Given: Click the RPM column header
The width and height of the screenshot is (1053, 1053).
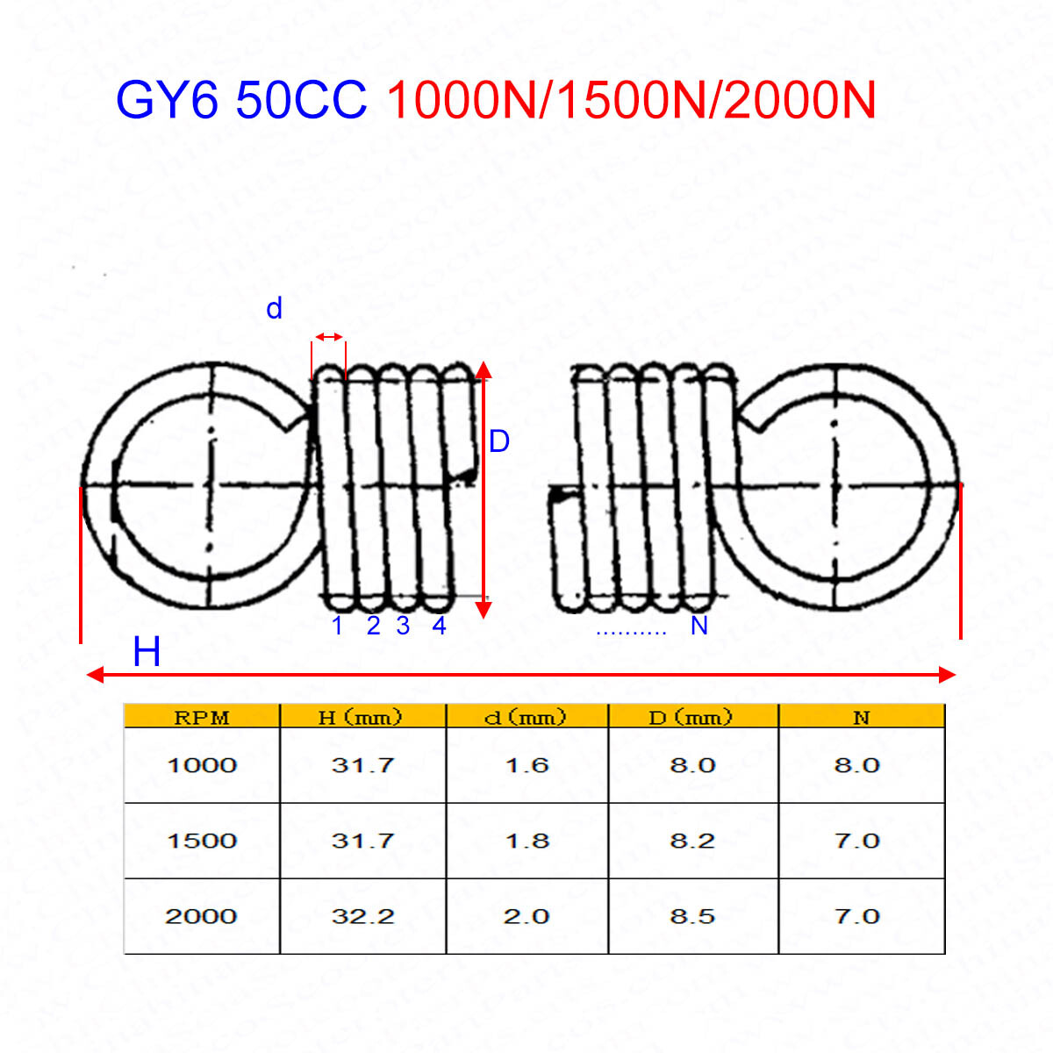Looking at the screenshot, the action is coord(202,717).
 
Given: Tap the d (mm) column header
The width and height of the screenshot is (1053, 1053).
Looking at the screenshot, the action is coord(526,717).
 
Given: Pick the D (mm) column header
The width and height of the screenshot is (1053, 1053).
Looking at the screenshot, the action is coord(691,717).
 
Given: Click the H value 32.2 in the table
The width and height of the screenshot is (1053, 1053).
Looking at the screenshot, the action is coord(362,916).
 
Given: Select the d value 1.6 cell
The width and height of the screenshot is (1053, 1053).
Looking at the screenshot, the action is coord(526,765).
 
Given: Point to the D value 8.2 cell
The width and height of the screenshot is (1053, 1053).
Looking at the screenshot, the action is coord(692,841).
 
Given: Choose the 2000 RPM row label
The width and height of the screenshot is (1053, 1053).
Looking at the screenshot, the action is coord(201,916).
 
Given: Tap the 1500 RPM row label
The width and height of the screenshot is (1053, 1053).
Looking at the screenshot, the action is coord(202,841).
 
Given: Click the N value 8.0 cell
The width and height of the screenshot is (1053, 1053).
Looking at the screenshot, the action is coord(856,765).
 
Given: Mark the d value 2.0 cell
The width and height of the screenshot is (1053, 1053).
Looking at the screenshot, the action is coord(526,916).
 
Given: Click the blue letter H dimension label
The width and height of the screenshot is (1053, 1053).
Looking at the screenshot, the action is coord(147,653).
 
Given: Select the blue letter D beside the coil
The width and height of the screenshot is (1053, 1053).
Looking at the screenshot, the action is coord(498,441).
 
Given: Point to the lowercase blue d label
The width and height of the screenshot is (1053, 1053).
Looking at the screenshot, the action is coord(274,309).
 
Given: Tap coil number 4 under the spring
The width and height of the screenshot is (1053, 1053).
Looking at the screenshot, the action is coord(439,626).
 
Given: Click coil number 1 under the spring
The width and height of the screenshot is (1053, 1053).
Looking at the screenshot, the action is coord(337,626).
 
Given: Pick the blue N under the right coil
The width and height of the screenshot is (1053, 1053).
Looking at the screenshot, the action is coord(698,626).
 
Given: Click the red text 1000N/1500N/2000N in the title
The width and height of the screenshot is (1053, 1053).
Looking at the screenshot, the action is coord(631,101).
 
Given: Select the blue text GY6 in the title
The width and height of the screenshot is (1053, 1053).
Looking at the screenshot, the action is coord(167,101).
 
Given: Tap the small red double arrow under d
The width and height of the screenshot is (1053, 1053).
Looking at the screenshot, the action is coord(330,337).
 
